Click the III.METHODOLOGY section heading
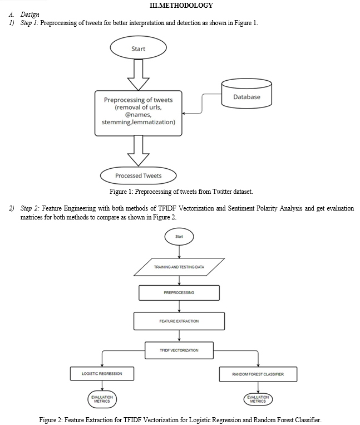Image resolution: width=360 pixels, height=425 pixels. (181, 5)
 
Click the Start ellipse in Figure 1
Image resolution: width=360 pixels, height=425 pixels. (139, 47)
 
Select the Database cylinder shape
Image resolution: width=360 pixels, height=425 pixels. (246, 94)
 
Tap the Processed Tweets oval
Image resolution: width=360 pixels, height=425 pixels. (139, 175)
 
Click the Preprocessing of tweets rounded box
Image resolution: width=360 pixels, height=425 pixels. (139, 113)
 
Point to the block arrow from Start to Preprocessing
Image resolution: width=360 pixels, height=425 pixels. (139, 75)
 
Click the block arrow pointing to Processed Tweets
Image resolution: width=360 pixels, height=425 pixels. (139, 151)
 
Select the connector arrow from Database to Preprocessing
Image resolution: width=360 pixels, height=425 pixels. (202, 104)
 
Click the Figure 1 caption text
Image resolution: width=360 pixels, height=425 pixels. (181, 192)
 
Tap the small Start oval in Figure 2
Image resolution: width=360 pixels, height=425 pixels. (179, 236)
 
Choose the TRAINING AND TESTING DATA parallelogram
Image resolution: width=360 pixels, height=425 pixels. (179, 267)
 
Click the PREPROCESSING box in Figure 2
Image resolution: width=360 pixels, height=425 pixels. (179, 293)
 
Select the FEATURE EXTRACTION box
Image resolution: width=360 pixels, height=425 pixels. (179, 321)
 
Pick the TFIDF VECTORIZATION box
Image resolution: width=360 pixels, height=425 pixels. (179, 350)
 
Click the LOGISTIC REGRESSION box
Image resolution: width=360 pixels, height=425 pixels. (102, 374)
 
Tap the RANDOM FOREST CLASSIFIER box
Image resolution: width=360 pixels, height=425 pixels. (258, 374)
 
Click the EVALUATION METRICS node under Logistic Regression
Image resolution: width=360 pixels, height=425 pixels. (102, 399)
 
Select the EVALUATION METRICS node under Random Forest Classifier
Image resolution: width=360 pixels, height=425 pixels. (258, 399)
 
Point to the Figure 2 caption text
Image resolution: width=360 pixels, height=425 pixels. (180, 420)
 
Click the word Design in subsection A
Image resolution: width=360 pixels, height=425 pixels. (30, 14)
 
